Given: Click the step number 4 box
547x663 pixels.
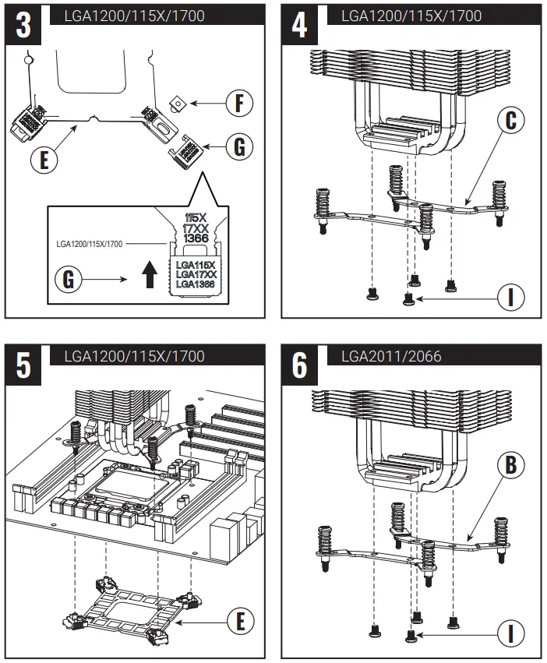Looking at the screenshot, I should (300, 26).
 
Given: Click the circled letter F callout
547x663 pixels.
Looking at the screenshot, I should (241, 103).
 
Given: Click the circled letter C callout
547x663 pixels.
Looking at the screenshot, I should (511, 121).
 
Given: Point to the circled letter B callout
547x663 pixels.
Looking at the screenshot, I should (511, 466).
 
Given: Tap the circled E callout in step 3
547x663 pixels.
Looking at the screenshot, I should (44, 160).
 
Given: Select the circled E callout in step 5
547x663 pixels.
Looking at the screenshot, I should (241, 620).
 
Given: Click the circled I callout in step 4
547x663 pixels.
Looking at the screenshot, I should (511, 296).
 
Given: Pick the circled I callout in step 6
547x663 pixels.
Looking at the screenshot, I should (511, 633).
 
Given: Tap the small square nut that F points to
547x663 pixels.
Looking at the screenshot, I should (179, 102).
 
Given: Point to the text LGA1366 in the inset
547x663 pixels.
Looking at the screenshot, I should (196, 284).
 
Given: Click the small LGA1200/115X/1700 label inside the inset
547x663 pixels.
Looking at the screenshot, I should (89, 244).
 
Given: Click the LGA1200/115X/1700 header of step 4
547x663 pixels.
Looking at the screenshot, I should (411, 16).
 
